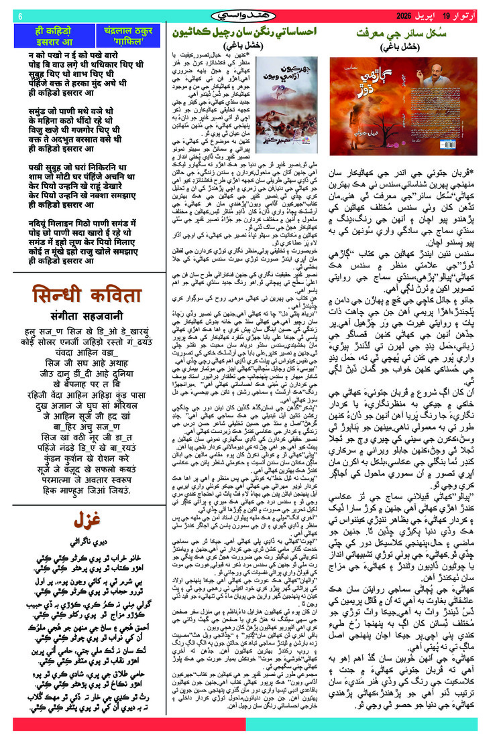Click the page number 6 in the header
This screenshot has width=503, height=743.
point(20,16)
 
